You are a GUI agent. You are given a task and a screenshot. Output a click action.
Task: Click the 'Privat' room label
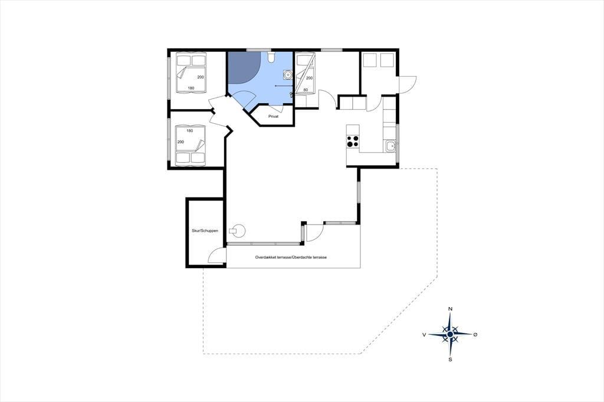tap(273, 116)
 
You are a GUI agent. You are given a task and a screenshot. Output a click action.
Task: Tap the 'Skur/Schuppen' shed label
tap(205, 230)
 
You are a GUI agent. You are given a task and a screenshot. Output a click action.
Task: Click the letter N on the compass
tap(450, 309)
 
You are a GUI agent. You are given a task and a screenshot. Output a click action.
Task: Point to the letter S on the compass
tap(450, 360)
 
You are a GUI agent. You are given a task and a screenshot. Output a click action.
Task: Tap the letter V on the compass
tap(424, 335)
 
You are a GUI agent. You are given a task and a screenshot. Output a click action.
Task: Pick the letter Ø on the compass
tap(476, 335)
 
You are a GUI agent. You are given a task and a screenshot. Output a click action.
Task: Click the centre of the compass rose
tap(450, 334)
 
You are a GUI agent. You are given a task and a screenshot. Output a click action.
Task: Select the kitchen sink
tap(390, 146)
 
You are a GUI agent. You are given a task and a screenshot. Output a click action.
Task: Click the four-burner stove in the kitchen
tap(353, 141)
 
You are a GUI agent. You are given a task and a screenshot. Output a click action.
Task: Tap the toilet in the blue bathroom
tap(271, 57)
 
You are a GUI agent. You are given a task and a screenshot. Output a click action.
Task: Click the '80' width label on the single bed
tap(306, 90)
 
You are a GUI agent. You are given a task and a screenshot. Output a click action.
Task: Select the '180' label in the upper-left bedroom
tap(191, 88)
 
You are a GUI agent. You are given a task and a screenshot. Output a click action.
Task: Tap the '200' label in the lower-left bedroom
tap(180, 142)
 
